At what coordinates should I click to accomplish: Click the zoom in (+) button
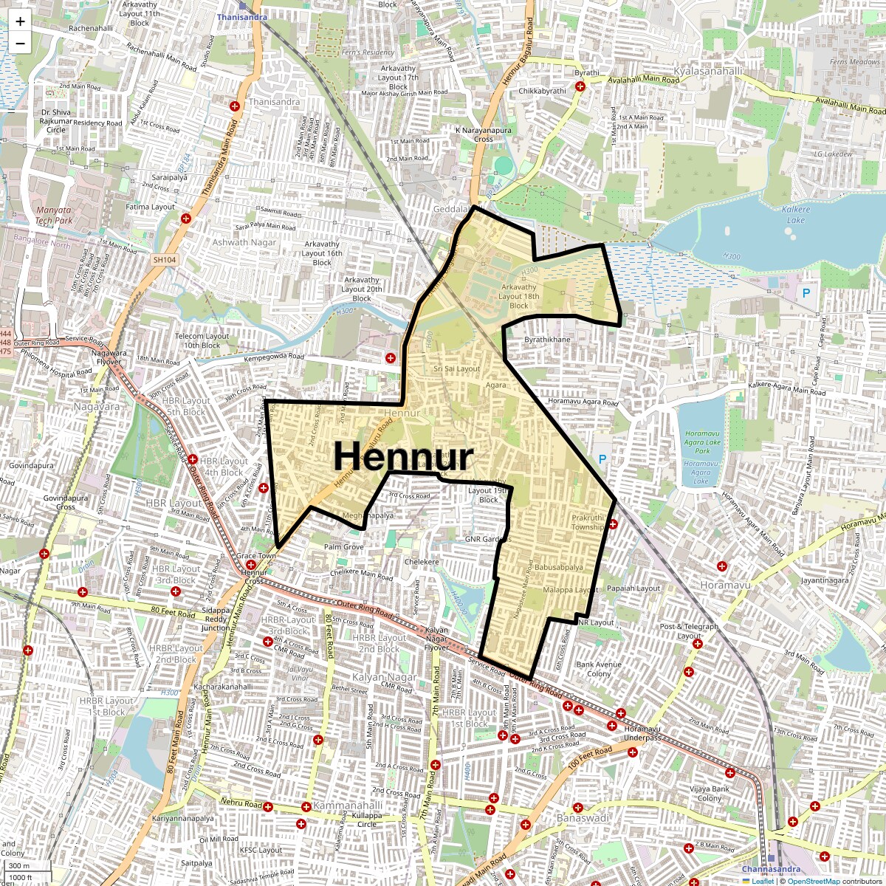click(20, 21)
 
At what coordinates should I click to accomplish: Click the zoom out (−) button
click(20, 44)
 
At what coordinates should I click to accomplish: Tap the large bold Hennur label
click(403, 456)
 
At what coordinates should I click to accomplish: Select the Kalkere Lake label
click(795, 215)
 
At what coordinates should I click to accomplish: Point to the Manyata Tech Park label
click(54, 215)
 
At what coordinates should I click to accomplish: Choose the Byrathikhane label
click(547, 340)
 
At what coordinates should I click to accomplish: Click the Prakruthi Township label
click(588, 522)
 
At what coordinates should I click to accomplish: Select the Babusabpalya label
click(558, 568)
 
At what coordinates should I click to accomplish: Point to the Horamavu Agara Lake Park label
click(702, 442)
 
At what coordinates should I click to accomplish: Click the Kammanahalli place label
click(348, 806)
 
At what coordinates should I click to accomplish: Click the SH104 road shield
click(165, 260)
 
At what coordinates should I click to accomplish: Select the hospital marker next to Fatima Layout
click(186, 219)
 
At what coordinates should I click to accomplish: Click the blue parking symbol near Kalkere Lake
click(806, 293)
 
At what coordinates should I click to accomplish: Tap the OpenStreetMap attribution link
click(813, 881)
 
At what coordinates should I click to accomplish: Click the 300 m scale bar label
click(19, 866)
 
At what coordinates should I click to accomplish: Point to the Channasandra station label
click(771, 869)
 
